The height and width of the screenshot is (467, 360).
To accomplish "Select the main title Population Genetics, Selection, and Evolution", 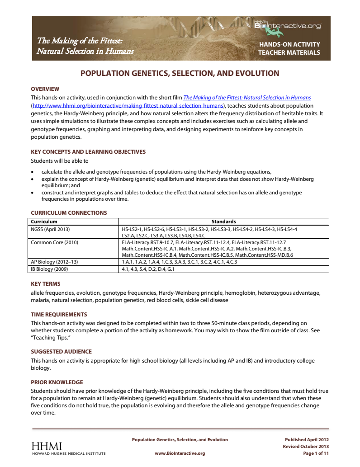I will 180,73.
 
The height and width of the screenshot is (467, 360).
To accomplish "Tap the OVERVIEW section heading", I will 45,89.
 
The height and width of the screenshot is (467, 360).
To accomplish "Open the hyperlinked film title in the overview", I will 247,97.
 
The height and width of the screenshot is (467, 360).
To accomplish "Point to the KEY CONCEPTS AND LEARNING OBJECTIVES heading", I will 88,152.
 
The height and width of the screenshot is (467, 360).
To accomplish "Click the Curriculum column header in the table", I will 44,222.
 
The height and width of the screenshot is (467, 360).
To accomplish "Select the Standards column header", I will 223,222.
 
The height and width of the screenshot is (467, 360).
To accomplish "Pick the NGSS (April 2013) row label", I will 50,229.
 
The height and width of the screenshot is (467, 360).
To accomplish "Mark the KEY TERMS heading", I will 45,283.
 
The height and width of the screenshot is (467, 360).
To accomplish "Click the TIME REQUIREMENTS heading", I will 59,314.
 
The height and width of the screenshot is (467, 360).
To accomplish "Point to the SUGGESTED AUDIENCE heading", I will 61,351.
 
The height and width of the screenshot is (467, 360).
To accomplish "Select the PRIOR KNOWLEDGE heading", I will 57,382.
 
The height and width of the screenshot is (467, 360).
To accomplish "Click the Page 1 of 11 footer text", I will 316,453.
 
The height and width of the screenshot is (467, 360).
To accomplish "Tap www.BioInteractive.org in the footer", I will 180,453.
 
